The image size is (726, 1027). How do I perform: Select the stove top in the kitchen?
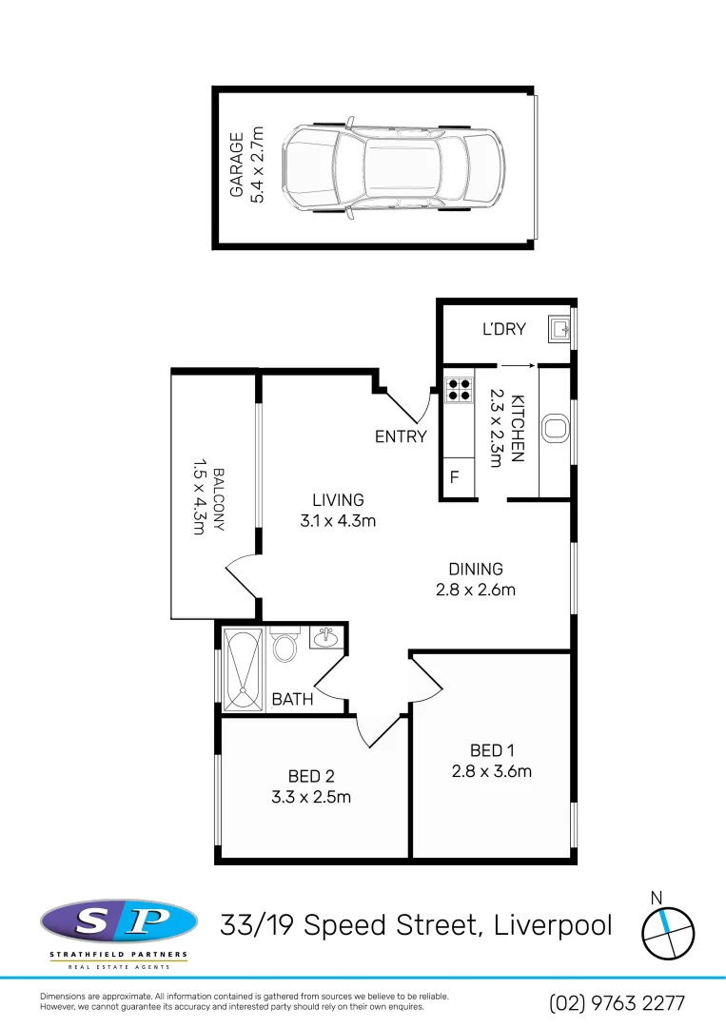tap(460, 388)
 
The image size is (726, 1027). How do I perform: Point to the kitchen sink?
tap(554, 429)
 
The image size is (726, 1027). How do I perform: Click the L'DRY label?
tap(503, 330)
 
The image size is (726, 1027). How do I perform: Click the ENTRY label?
tap(401, 436)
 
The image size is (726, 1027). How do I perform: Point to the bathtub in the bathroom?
tap(243, 669)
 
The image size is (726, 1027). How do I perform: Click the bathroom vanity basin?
tap(326, 636)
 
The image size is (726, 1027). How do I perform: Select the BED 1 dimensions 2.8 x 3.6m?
tap(491, 771)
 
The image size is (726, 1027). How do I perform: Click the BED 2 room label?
tap(311, 776)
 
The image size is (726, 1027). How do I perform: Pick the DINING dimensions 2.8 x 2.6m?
tap(476, 590)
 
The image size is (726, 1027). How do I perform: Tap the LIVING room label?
tap(338, 499)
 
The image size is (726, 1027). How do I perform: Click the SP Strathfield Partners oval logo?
tap(119, 922)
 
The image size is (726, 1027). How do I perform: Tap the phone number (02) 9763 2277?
tap(617, 1002)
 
